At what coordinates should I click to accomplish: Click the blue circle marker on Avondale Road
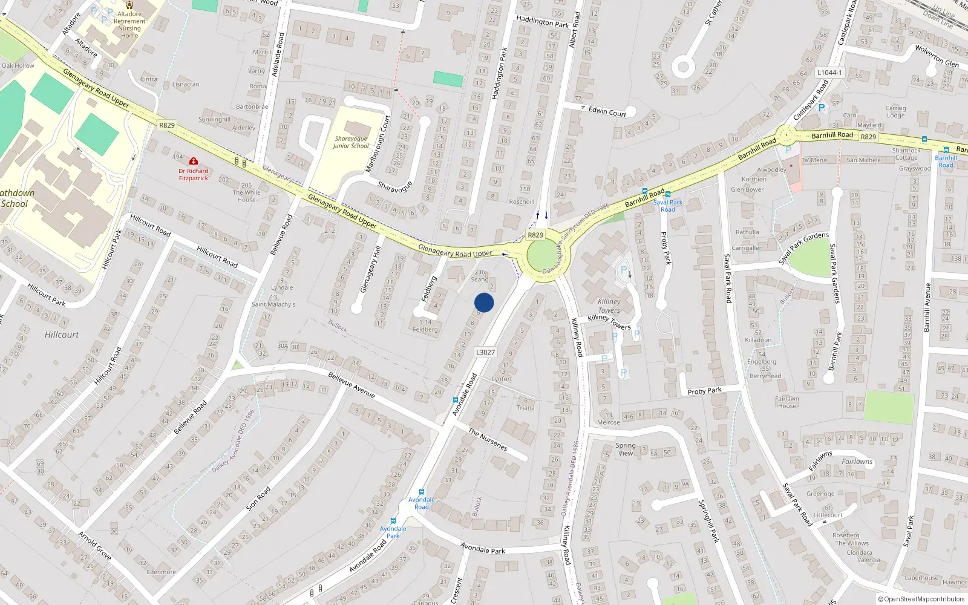tap(484, 302)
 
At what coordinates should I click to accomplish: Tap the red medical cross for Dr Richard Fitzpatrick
tap(193, 162)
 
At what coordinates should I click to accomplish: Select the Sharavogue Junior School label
tap(351, 142)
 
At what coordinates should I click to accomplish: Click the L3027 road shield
tap(485, 352)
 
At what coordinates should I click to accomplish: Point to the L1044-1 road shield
tap(829, 73)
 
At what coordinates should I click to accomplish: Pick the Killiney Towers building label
tap(609, 306)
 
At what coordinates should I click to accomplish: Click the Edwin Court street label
tap(607, 111)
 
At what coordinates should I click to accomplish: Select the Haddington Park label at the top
tap(543, 22)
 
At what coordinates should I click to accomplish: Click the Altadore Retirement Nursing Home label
tap(129, 25)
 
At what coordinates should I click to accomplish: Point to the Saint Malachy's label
tap(273, 304)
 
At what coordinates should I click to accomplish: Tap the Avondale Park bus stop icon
tap(393, 520)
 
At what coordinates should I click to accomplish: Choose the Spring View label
tap(626, 449)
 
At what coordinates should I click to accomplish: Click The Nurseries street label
tap(488, 439)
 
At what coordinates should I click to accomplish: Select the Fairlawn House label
tap(787, 402)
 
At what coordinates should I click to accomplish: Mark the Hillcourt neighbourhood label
tap(62, 335)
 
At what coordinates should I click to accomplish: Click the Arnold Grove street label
tap(95, 545)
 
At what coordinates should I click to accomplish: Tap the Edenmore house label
tap(162, 572)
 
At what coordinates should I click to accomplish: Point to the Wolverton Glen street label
tap(937, 56)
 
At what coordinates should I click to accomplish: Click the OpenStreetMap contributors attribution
tap(921, 599)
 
